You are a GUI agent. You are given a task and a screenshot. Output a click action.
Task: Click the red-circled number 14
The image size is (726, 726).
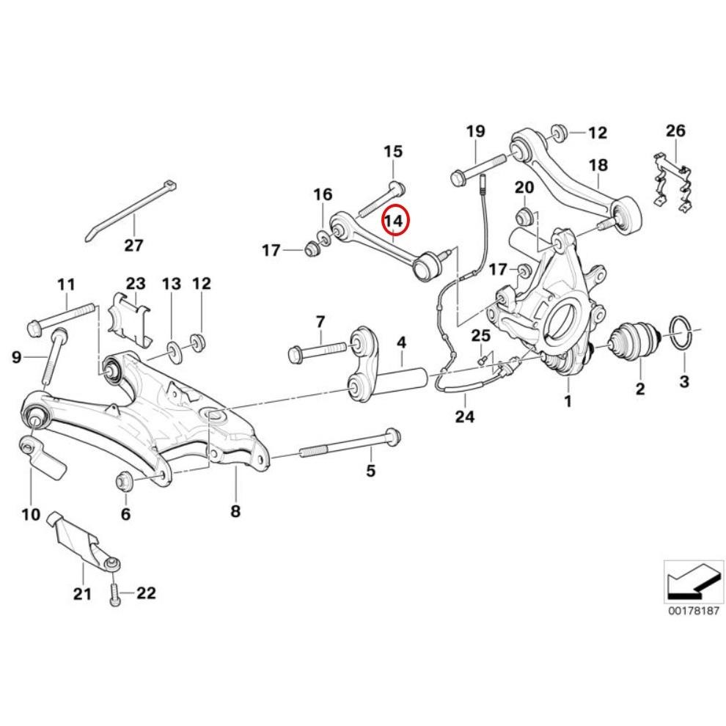[395, 219]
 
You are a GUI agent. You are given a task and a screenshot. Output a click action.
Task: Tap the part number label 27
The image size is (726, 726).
[133, 245]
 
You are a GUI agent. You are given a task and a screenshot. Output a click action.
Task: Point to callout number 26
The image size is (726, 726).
[675, 131]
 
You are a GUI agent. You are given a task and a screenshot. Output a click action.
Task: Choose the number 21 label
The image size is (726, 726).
[81, 593]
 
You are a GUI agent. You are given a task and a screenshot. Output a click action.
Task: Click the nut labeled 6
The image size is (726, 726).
[124, 480]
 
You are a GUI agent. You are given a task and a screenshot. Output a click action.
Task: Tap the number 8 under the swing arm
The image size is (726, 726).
[235, 511]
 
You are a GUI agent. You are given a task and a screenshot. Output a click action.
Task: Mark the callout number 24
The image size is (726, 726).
[464, 417]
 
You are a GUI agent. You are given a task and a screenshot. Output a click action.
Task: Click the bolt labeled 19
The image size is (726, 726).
[477, 168]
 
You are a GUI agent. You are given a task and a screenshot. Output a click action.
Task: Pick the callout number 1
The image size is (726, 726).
[567, 400]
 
